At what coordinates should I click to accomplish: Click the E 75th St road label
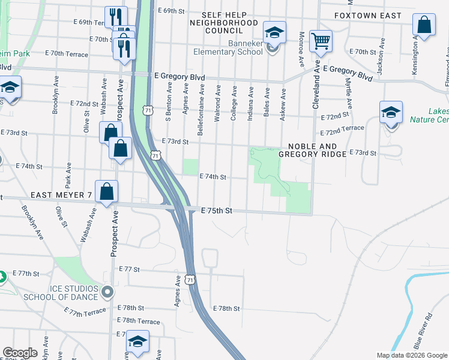pyautogui.click(x=217, y=211)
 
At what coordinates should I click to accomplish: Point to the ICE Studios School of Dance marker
pyautogui.click(x=108, y=293)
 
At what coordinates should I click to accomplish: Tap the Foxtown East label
pyautogui.click(x=367, y=15)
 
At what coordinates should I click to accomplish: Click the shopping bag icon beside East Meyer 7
pyautogui.click(x=106, y=191)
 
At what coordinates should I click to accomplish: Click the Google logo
pyautogui.click(x=20, y=353)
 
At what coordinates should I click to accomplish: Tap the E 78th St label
pyautogui.click(x=227, y=308)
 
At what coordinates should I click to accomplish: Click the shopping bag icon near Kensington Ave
pyautogui.click(x=424, y=25)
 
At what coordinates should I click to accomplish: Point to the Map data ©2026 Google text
pyautogui.click(x=412, y=355)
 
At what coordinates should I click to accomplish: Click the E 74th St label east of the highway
pyautogui.click(x=212, y=176)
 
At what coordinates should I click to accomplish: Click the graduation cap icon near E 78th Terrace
pyautogui.click(x=138, y=343)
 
